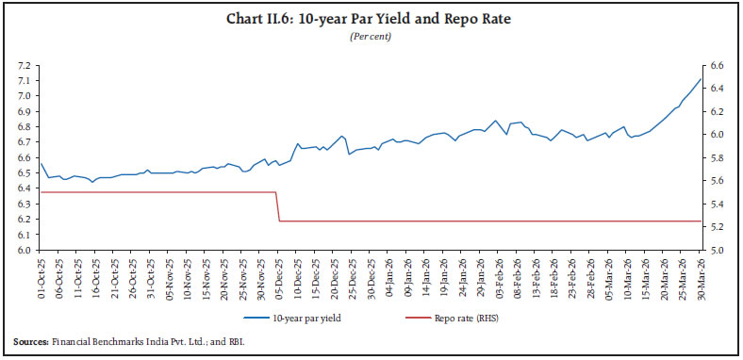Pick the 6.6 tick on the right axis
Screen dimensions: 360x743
pyautogui.click(x=718, y=66)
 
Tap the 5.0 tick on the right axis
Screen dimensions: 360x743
pyautogui.click(x=718, y=251)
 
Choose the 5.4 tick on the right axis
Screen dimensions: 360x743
pyautogui.click(x=718, y=205)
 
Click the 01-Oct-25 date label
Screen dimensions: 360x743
pyautogui.click(x=41, y=279)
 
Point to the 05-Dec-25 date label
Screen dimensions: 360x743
pyautogui.click(x=278, y=279)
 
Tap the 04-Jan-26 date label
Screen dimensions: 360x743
pyautogui.click(x=388, y=279)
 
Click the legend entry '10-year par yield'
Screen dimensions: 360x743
pyautogui.click(x=283, y=320)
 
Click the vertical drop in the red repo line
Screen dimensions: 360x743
pyautogui.click(x=277, y=207)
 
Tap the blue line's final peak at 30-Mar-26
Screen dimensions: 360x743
pyautogui.click(x=700, y=78)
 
